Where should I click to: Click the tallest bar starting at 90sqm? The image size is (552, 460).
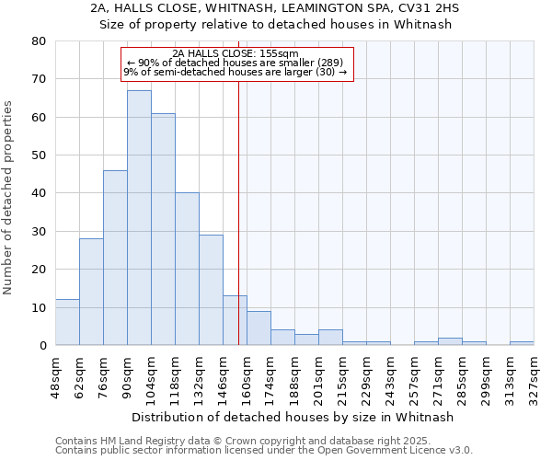coord(139,218)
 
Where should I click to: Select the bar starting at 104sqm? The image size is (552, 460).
coord(163,229)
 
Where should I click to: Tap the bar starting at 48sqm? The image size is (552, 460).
coord(67,322)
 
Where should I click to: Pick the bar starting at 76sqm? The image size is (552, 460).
coord(115,258)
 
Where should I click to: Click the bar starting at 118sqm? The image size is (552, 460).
coord(187,269)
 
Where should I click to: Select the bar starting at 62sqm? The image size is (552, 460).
coord(91,292)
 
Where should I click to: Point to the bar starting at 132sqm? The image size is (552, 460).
coord(211,290)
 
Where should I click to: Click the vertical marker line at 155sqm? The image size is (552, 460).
coord(239,212)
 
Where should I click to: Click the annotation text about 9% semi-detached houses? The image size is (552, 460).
coord(236,72)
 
